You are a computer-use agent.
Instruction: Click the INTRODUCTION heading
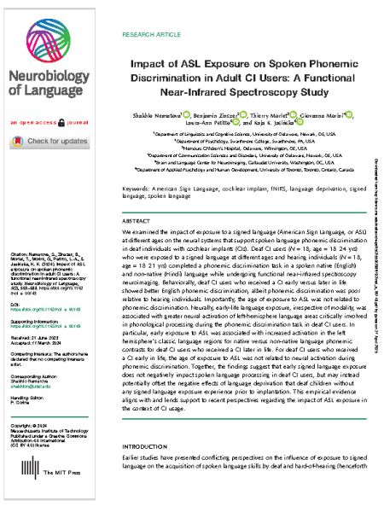pyautogui.click(x=144, y=469)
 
